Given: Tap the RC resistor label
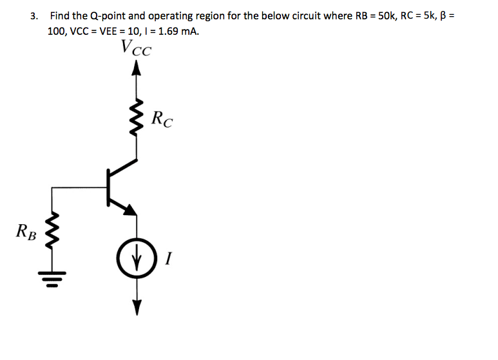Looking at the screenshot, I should coord(162,119).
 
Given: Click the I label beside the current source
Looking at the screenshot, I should coord(168,259).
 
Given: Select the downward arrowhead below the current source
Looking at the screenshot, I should coord(136,308).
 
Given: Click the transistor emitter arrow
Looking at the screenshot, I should coord(130,209).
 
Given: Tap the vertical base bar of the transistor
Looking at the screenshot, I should coord(108,187).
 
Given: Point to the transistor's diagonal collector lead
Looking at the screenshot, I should coord(122,168).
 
